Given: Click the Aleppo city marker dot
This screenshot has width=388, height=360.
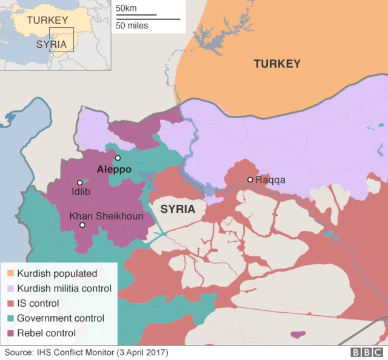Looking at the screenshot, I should (x=118, y=158).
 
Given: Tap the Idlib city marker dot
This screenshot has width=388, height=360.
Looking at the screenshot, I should (x=79, y=182).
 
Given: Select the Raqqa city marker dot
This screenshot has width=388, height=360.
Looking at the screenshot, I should (x=250, y=179).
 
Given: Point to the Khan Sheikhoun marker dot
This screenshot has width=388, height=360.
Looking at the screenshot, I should (x=82, y=225).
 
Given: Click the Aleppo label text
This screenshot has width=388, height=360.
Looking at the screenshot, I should (x=114, y=170).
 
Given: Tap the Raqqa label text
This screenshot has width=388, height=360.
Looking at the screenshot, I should (x=270, y=180).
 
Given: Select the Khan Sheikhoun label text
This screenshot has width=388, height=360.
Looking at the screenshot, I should (x=107, y=216).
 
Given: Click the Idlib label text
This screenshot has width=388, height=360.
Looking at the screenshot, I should (x=81, y=192).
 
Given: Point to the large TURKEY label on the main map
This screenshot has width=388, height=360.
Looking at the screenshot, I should (x=277, y=64).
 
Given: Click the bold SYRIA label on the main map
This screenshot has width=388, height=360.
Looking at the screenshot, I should (x=178, y=209).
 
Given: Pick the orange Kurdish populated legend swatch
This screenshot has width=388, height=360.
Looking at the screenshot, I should (x=10, y=273).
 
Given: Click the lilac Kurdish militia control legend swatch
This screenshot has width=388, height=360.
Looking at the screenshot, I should (x=10, y=288).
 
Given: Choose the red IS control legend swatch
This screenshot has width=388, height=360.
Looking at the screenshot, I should (x=10, y=303).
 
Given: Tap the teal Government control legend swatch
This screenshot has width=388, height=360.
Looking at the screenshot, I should (x=10, y=318).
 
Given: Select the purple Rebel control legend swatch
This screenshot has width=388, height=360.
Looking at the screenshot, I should (x=10, y=333).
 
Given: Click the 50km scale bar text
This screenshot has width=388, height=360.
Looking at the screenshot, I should (x=127, y=8).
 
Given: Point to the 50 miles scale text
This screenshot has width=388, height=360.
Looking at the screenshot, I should (x=132, y=25).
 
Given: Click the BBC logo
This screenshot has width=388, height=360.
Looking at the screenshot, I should (x=367, y=352).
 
